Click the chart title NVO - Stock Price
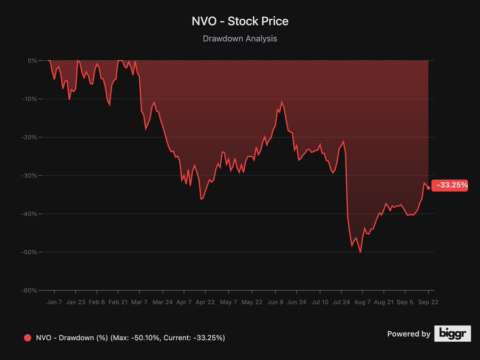tap(240, 21)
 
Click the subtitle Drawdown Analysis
tap(240, 38)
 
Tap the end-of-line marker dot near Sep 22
tap(428, 188)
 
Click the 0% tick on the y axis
tap(32, 61)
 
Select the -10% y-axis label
tap(29, 99)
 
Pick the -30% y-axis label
tap(29, 175)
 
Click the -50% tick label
tap(29, 252)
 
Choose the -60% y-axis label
tap(29, 291)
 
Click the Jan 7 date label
tap(54, 302)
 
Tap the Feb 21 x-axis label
tap(118, 302)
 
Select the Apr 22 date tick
tap(205, 302)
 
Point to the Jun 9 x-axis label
tap(276, 302)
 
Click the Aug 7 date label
tap(362, 302)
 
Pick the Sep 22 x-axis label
tap(428, 302)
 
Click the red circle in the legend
tap(28, 338)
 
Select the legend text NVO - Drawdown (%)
tap(72, 338)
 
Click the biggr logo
tap(452, 334)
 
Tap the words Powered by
tap(409, 334)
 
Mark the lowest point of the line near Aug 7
tap(361, 252)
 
